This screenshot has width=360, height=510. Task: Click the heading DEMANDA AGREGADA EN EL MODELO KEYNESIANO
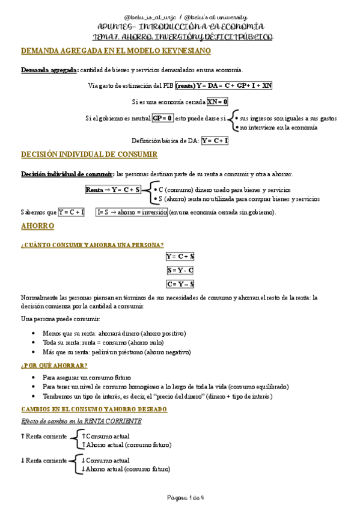pyautogui.click(x=116, y=51)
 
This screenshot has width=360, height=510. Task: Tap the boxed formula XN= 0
pyautogui.click(x=218, y=102)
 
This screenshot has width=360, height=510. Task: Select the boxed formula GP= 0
pyautogui.click(x=162, y=118)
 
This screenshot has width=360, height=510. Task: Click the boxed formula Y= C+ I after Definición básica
pyautogui.click(x=215, y=141)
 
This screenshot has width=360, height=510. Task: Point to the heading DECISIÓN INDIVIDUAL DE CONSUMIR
pyautogui.click(x=89, y=155)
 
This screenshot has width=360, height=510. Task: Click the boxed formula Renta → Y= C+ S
pyautogui.click(x=114, y=189)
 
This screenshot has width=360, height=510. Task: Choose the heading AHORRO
pyautogui.click(x=37, y=226)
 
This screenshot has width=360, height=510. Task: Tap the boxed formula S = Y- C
pyautogui.click(x=180, y=270)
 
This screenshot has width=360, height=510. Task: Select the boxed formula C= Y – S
pyautogui.click(x=180, y=284)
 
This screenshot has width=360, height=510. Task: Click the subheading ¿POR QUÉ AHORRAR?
pyautogui.click(x=54, y=366)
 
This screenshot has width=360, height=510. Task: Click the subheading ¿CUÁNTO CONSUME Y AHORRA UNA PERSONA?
pyautogui.click(x=92, y=245)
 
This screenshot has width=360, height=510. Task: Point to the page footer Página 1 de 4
pyautogui.click(x=180, y=497)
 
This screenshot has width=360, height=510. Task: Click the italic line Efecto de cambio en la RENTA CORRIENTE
pyautogui.click(x=81, y=421)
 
